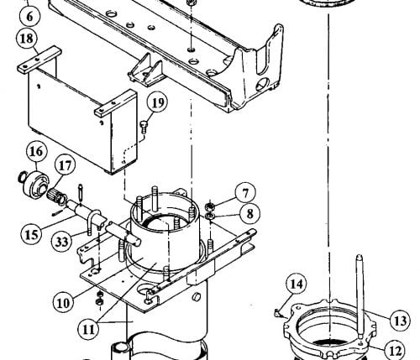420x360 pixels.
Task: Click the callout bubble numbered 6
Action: (x=29, y=16)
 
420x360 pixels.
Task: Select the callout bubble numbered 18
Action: (x=27, y=39)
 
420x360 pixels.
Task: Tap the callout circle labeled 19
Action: (x=158, y=102)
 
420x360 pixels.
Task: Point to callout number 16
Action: (x=37, y=151)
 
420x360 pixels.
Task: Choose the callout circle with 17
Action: (x=66, y=165)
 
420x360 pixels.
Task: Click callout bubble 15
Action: (x=31, y=234)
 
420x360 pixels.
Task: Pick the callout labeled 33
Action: (x=62, y=242)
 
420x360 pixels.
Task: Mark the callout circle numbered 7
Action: (x=245, y=193)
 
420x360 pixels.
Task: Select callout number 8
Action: (x=249, y=213)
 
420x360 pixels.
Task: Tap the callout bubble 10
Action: (x=63, y=303)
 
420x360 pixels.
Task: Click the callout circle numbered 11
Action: (x=89, y=330)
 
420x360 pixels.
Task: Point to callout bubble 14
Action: (x=297, y=284)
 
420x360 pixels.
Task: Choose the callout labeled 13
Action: (x=401, y=321)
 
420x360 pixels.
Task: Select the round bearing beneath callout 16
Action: (x=35, y=185)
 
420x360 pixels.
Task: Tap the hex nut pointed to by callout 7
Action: (x=210, y=207)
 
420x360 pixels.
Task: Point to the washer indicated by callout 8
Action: (x=209, y=216)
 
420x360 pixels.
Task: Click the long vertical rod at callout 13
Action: (x=360, y=296)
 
